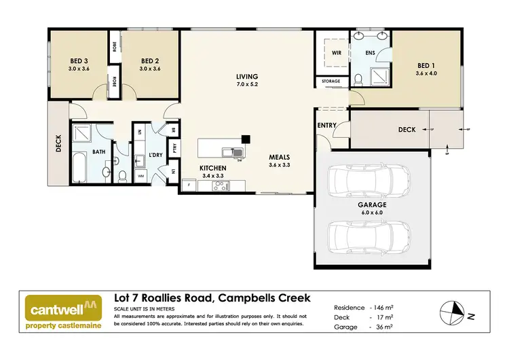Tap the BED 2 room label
click(149, 63)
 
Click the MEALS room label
click(280, 160)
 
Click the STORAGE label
click(332, 82)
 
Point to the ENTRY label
click(327, 126)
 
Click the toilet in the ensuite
click(358, 82)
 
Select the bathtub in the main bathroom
click(79, 166)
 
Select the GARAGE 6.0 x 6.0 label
click(373, 208)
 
